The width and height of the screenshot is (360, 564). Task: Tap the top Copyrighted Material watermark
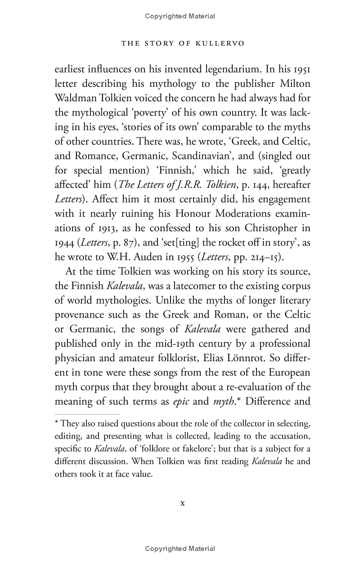pyautogui.click(x=180, y=16)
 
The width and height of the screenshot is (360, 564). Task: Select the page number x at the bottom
pyautogui.click(x=182, y=503)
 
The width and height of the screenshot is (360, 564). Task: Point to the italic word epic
pyautogui.click(x=181, y=401)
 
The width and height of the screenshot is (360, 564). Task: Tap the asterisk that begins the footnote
pyautogui.click(x=57, y=423)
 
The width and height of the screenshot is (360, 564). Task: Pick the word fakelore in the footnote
pyautogui.click(x=211, y=448)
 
